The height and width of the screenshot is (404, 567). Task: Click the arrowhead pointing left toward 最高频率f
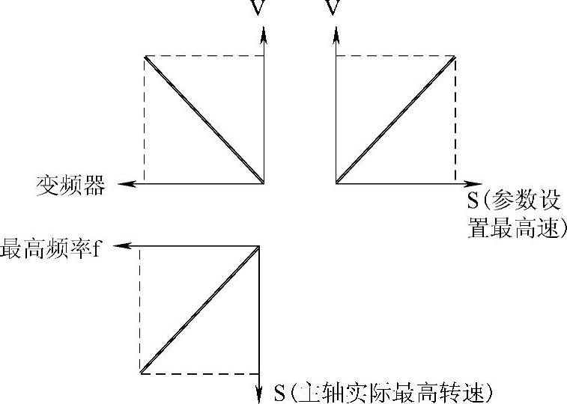pyautogui.click(x=128, y=245)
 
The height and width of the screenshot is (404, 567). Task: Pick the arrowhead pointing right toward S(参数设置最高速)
pyautogui.click(x=474, y=183)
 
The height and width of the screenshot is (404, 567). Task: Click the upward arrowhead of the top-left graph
pyautogui.click(x=264, y=33)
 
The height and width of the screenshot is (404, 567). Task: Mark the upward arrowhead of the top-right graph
pyautogui.click(x=336, y=33)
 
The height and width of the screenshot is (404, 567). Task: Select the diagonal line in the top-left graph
pyautogui.click(x=204, y=119)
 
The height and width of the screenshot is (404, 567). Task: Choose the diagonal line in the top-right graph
pyautogui.click(x=395, y=119)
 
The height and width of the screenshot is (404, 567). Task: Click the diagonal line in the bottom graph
pyautogui.click(x=200, y=308)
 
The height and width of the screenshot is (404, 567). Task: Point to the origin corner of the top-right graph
pyautogui.click(x=336, y=183)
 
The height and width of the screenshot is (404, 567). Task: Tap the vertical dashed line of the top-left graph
pyautogui.click(x=144, y=120)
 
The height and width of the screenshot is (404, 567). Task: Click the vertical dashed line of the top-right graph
pyautogui.click(x=455, y=120)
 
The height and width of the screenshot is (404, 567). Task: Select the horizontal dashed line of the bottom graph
pyautogui.click(x=200, y=373)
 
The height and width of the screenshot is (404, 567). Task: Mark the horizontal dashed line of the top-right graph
pyautogui.click(x=395, y=55)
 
